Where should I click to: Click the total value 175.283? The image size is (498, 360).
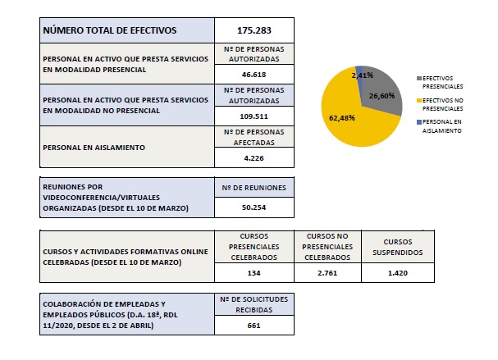coord(254,30)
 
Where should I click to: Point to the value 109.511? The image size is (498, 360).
coord(254,116)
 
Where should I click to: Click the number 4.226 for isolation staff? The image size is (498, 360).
coord(254,157)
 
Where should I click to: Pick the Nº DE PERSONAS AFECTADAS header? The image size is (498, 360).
coord(254,135)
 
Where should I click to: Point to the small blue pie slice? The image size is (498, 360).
coord(359,69)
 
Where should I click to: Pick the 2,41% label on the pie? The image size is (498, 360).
coord(362,75)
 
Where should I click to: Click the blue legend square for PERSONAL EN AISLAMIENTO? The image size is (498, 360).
coord(421,121)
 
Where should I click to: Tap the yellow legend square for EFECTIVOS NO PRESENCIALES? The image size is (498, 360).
coord(421,98)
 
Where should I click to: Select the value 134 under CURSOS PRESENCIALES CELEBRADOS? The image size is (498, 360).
coord(254,271)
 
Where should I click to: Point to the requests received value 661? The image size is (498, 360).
coord(254,325)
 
